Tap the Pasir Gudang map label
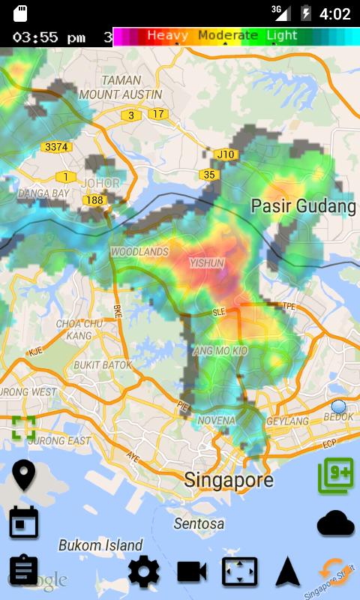pyautogui.click(x=303, y=205)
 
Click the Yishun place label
pyautogui.click(x=207, y=263)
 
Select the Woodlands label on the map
pyautogui.click(x=139, y=252)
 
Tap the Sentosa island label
pyautogui.click(x=199, y=523)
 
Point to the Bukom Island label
pyautogui.click(x=100, y=545)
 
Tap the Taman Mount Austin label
pyautogui.click(x=121, y=87)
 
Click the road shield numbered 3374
pyautogui.click(x=56, y=147)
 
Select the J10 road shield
pyautogui.click(x=225, y=154)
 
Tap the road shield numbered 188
pyautogui.click(x=94, y=200)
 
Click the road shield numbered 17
pyautogui.click(x=157, y=114)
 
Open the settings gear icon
pyautogui.click(x=143, y=572)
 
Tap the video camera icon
pyautogui.click(x=192, y=572)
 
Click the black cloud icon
pyautogui.click(x=335, y=523)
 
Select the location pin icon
pyautogui.click(x=24, y=475)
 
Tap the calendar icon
pyautogui.click(x=24, y=522)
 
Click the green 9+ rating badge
pyautogui.click(x=335, y=475)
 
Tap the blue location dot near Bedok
pyautogui.click(x=338, y=406)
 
